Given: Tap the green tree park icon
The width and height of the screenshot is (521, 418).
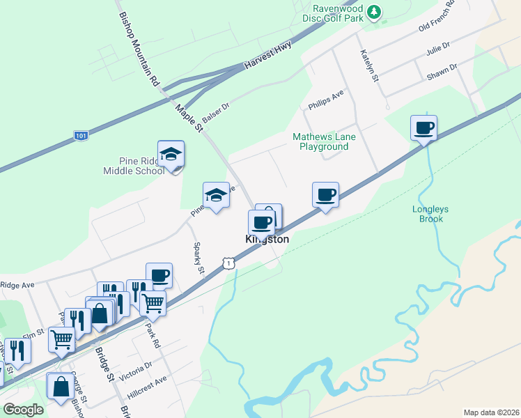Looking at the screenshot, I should coord(375,12).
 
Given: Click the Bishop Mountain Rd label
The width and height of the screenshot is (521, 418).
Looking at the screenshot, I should coord(139,49).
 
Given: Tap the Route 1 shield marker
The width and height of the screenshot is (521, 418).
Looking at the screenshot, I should coord(228,261).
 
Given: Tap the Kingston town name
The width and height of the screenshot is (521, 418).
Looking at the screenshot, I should coord(267,239).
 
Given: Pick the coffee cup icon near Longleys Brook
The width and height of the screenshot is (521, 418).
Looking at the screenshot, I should coord(423,128).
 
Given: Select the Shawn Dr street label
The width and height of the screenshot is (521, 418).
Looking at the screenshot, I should coord(442,71).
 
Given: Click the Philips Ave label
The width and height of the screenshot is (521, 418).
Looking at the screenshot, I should coord(326,100).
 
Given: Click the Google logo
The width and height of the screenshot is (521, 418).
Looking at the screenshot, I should coord(24,410).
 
